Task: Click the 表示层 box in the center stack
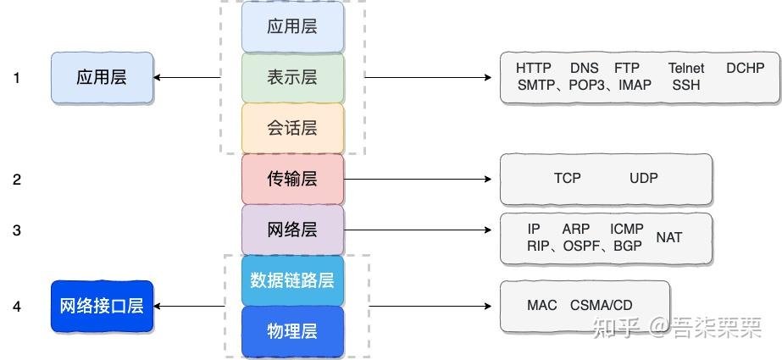tap(292, 77)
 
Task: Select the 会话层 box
tap(292, 128)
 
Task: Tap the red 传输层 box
tap(292, 179)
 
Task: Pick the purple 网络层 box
tap(292, 230)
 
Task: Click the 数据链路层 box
tap(292, 280)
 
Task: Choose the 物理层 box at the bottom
tap(292, 331)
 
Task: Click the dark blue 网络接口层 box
tap(102, 306)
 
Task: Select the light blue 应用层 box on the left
tap(102, 77)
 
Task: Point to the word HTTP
tap(534, 68)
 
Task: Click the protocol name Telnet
tap(686, 68)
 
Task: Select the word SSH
tap(686, 86)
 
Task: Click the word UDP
tap(644, 179)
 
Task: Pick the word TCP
tap(568, 179)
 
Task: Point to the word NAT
tap(668, 237)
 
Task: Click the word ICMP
tap(627, 229)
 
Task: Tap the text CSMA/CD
tap(602, 305)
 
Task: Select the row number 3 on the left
tap(17, 230)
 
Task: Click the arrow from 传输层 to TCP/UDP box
tap(419, 179)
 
